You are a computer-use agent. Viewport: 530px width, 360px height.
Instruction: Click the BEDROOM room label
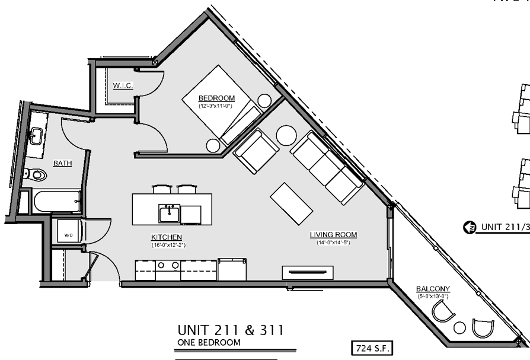pos(216,98)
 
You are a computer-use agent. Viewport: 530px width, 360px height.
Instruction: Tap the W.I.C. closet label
pos(123,86)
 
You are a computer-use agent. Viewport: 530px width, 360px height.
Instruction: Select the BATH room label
pos(63,163)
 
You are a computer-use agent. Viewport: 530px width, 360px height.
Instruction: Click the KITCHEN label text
pos(166,237)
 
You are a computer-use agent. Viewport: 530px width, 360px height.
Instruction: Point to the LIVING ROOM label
pos(333,235)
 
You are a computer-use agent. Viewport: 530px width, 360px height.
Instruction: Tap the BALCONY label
pos(432,289)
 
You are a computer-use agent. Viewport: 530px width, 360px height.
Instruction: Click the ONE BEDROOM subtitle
pos(209,343)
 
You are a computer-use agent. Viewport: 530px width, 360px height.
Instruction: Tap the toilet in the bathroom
pos(37,175)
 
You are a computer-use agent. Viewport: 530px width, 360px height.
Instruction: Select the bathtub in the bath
pos(56,201)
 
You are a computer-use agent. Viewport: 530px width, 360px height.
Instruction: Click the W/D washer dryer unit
pos(68,235)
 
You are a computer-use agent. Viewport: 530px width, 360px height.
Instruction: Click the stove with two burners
pos(167,269)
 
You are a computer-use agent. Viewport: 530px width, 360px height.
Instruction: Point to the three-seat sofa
pos(327,168)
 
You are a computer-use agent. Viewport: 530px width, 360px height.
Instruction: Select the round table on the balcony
pos(459,327)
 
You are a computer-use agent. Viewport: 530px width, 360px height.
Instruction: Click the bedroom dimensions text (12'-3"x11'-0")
pos(216,106)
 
